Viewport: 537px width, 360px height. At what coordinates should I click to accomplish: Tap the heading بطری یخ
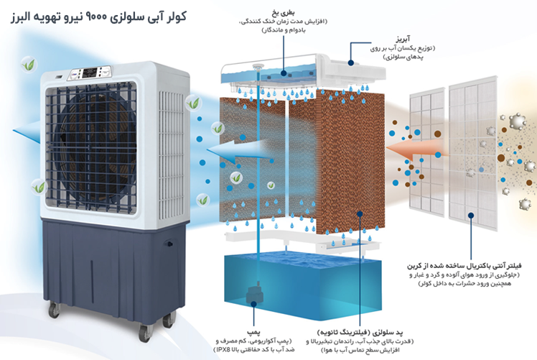pos(283,14)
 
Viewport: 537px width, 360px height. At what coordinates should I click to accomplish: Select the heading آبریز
pos(403,38)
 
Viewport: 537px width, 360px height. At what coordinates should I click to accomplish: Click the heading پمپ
pos(253,332)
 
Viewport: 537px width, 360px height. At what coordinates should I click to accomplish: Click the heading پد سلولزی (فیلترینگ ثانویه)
pos(360,332)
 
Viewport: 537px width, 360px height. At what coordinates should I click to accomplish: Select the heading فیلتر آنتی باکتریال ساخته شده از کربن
pos(464,266)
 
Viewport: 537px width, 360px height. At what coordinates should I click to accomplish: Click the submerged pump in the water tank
pos(253,294)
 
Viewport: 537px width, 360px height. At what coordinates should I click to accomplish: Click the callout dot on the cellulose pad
pos(360,214)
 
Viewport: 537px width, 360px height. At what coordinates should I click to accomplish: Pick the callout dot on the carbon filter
pos(471,216)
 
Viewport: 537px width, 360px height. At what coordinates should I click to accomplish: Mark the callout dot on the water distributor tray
pos(350,63)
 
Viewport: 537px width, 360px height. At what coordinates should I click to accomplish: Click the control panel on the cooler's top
pos(91,73)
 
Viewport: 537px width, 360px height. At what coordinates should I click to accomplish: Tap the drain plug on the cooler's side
pos(169,244)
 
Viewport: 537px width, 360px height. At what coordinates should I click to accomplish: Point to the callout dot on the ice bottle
pos(284,73)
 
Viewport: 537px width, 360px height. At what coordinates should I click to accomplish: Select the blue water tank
pos(303,284)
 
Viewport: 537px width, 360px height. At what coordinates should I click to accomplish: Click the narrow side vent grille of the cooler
pos(172,154)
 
